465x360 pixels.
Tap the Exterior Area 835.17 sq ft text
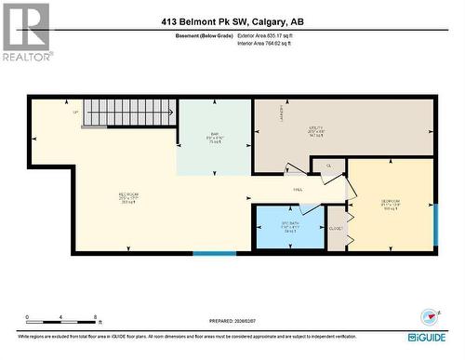coord(272,35)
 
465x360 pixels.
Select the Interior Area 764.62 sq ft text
coord(272,43)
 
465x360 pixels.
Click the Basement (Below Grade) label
coord(204,35)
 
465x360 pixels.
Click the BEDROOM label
coord(390,203)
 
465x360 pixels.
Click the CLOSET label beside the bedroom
coord(337,228)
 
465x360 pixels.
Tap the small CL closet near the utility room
coord(328,165)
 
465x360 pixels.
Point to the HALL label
coord(298,188)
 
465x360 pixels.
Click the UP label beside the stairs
coord(74,113)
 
